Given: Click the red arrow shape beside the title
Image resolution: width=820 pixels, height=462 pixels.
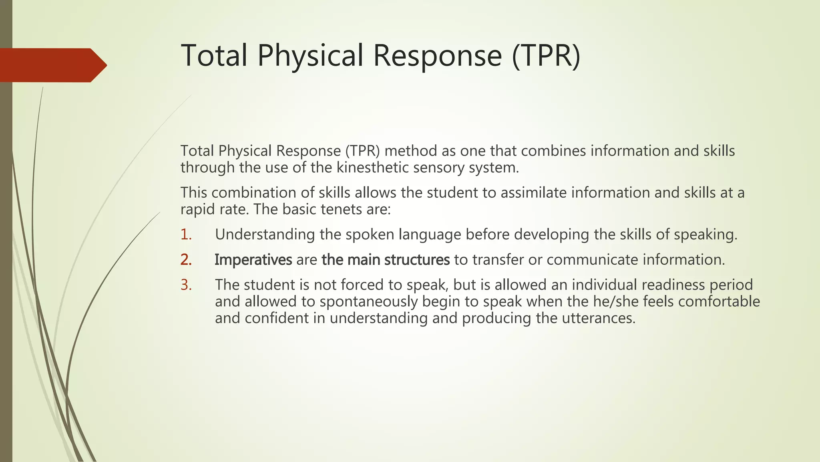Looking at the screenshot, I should [52, 65].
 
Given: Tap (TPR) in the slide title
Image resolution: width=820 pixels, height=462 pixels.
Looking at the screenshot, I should [546, 55].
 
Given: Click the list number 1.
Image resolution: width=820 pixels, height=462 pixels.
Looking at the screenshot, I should [186, 235].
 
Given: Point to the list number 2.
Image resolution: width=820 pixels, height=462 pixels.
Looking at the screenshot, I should [186, 260].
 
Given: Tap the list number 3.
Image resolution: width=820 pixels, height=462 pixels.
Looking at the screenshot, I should [186, 285].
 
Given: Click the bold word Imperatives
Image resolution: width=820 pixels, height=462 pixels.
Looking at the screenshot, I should [253, 260].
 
